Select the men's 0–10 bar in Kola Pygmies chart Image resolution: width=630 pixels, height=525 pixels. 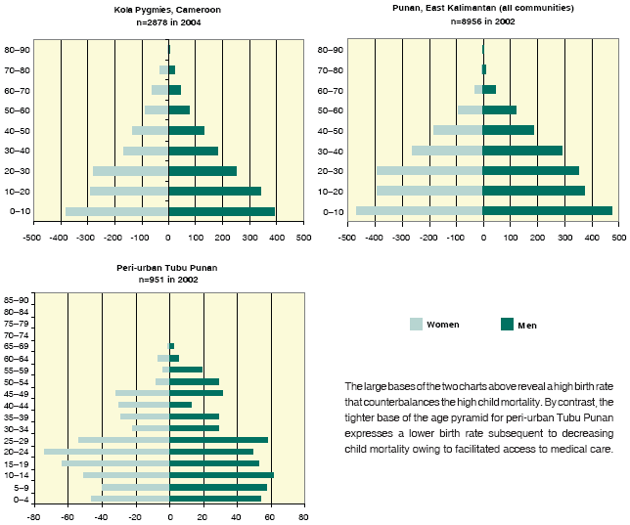[x=222, y=211]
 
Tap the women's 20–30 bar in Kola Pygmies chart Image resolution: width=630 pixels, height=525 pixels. [x=131, y=170]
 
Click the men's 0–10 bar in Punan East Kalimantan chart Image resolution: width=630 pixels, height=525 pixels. [x=548, y=210]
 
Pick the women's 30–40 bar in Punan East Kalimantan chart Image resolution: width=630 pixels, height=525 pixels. [x=447, y=151]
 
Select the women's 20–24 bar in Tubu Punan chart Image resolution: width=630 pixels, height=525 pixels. [x=107, y=452]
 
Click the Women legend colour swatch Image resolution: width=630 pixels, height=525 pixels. [x=415, y=324]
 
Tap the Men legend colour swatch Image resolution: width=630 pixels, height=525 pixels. [x=507, y=324]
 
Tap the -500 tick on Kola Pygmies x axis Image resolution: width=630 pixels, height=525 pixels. [x=32, y=238]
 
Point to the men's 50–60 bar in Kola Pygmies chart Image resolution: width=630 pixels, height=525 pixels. [x=179, y=109]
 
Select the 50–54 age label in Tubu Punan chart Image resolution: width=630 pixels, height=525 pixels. [x=15, y=381]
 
